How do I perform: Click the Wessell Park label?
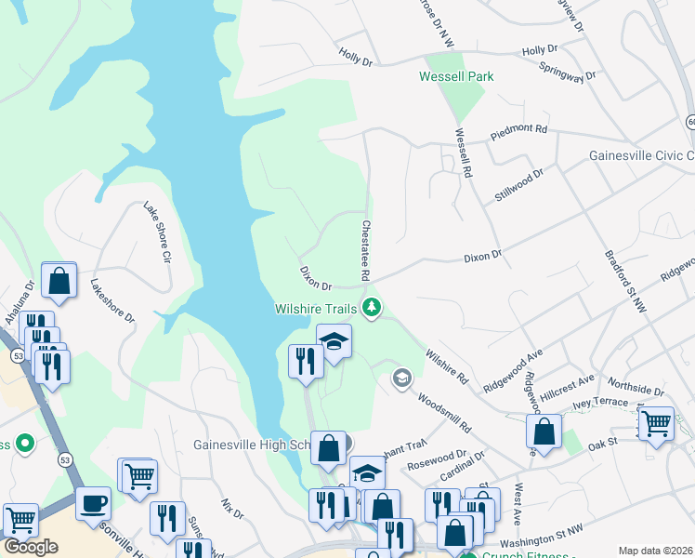click(x=456, y=76)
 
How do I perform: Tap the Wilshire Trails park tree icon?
click(x=372, y=307)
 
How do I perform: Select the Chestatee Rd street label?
click(x=365, y=251)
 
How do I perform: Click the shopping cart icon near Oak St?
click(x=656, y=423)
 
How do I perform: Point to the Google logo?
click(x=31, y=546)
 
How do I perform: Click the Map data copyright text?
click(x=655, y=551)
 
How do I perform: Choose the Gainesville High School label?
click(x=251, y=445)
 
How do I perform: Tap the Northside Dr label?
click(x=633, y=384)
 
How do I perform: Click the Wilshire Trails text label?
click(x=316, y=308)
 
